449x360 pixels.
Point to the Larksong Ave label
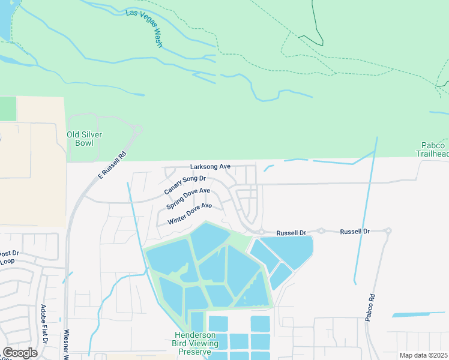coord(210,166)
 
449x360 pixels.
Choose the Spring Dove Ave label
coord(188,199)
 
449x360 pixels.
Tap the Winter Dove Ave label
coord(190,214)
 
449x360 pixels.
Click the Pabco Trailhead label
coord(433,150)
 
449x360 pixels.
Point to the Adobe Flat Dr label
coord(44,323)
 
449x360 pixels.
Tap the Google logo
coord(20,352)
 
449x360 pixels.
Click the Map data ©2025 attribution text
coord(424,355)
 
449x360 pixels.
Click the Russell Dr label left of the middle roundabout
coord(291,232)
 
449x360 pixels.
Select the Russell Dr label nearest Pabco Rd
coord(355,231)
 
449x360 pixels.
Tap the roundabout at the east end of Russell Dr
coord(388,230)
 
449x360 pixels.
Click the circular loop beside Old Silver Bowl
coord(138,128)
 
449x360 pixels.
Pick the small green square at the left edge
coord(8,109)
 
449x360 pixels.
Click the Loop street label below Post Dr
coord(7,262)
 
